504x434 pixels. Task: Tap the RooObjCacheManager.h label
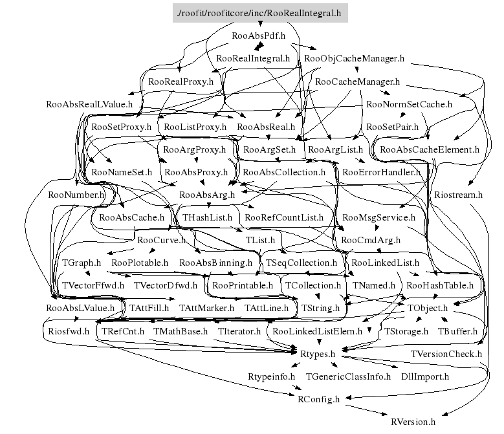[354, 58]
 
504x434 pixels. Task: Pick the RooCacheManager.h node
[356, 82]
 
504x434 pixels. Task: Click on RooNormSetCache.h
[409, 103]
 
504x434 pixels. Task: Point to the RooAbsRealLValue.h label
[89, 103]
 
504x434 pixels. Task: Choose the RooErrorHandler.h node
[381, 172]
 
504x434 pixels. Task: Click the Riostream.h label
[459, 194]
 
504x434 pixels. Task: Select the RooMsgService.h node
[378, 217]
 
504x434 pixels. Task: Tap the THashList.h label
[207, 217]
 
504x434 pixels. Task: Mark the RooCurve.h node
[162, 240]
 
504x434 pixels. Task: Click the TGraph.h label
[82, 263]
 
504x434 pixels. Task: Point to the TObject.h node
[428, 308]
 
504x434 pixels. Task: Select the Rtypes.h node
[317, 353]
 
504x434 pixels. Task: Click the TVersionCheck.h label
[446, 353]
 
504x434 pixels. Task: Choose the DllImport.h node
[425, 376]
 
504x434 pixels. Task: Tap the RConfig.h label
[318, 398]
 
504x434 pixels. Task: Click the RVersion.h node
[413, 421]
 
